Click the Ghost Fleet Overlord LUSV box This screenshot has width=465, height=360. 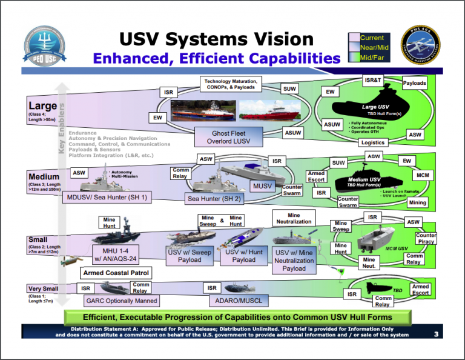[x=230, y=137]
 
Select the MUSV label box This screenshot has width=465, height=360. [x=262, y=185]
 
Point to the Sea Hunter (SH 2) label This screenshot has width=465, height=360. [x=215, y=198]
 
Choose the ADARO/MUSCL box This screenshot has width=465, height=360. [x=239, y=300]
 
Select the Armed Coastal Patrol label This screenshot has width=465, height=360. [x=116, y=273]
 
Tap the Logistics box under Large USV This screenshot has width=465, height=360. [x=372, y=142]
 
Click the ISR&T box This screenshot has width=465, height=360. [x=373, y=80]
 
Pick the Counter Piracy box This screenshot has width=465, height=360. [x=426, y=239]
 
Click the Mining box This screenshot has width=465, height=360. [x=417, y=203]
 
